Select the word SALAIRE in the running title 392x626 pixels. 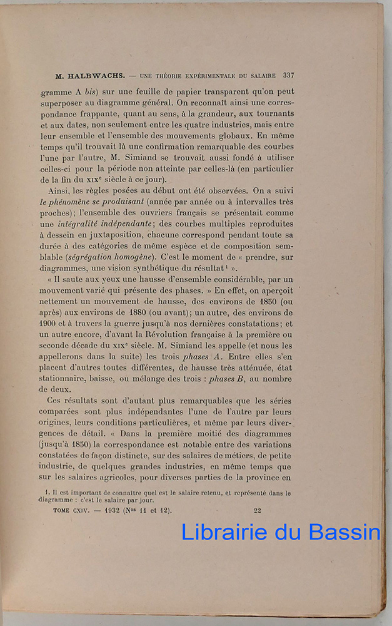(x=262, y=76)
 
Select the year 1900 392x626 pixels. (x=49, y=324)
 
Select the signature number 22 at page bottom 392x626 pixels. (x=257, y=510)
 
